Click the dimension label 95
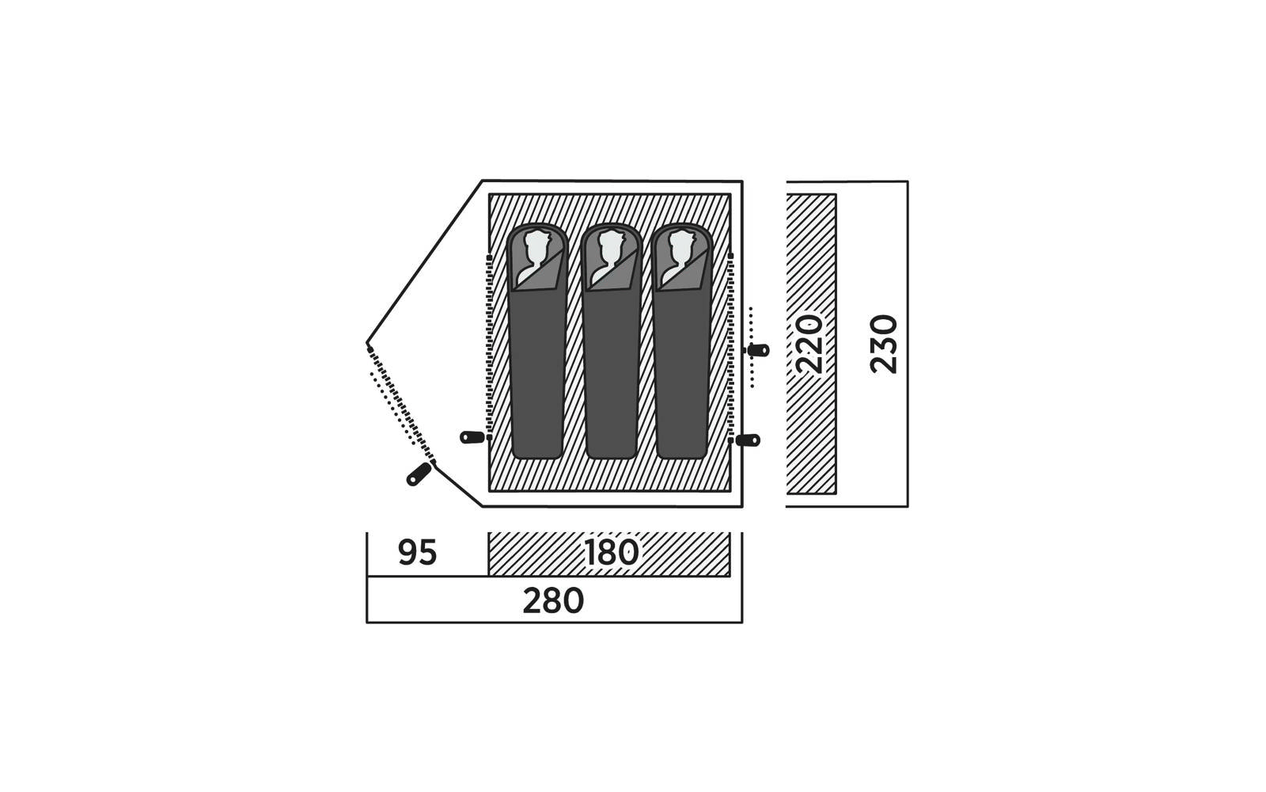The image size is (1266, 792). coord(418,553)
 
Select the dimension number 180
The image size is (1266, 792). coord(612,553)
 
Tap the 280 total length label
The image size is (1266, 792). coord(553,601)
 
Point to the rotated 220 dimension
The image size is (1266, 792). coord(809,344)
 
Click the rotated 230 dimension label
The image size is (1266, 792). coord(883,344)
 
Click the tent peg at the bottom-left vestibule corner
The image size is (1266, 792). coord(419,474)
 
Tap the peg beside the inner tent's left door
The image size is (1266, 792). coord(472,437)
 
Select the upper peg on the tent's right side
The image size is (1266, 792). coord(758,350)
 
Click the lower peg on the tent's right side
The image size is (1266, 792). coord(747,440)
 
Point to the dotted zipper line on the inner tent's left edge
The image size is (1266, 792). coord(490,347)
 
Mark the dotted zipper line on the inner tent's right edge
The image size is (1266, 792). coord(730,347)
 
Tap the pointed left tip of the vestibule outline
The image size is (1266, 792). coord(367,344)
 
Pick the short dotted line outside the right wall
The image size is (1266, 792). coord(752,347)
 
